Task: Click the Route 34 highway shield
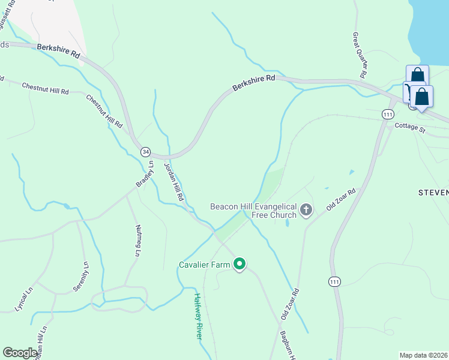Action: pyautogui.click(x=146, y=152)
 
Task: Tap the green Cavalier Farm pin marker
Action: pyautogui.click(x=240, y=264)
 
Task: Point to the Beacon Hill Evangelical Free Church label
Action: pyautogui.click(x=253, y=211)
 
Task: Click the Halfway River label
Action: pyautogui.click(x=198, y=316)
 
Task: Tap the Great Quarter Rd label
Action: pyautogui.click(x=358, y=55)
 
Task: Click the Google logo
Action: pyautogui.click(x=20, y=353)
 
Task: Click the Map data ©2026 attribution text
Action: pyautogui.click(x=424, y=355)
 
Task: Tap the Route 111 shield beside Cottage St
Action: pyautogui.click(x=387, y=114)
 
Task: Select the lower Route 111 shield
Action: pyautogui.click(x=334, y=281)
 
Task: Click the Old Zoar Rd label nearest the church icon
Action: pyautogui.click(x=341, y=199)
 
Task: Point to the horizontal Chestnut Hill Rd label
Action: pyautogui.click(x=45, y=88)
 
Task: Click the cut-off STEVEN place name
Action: pyautogui.click(x=433, y=193)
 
